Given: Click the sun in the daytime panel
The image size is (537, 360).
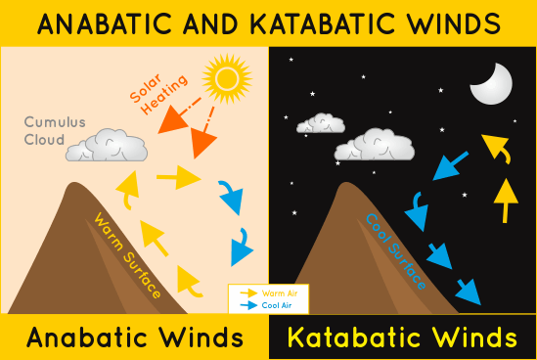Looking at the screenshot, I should (x=225, y=76).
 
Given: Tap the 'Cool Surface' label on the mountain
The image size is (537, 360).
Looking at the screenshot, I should (x=395, y=250).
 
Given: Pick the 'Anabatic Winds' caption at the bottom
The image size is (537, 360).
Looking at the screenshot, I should (x=135, y=337).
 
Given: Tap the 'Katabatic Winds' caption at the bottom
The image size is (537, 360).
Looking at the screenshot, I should (x=402, y=337).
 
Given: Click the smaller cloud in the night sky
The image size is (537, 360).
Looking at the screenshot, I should (x=319, y=123).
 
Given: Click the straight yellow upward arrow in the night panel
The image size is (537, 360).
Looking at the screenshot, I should (x=505, y=201).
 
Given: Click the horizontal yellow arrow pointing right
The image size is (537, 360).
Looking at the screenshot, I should (x=177, y=177).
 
